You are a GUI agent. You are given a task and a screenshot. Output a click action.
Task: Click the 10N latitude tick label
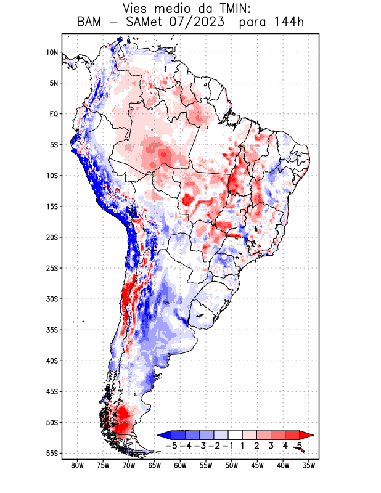tap(52, 52)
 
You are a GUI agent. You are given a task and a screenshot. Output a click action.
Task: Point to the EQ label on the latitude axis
tap(53, 114)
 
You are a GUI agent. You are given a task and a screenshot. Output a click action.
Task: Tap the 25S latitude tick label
tap(52, 268)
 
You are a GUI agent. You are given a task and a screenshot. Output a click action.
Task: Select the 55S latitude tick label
tap(52, 453)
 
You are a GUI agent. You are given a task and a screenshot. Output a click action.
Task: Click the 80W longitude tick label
tap(77, 465)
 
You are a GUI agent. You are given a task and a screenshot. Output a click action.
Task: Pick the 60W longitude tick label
tap(180, 465)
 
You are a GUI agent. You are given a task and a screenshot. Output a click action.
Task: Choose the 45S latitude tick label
tap(52, 391)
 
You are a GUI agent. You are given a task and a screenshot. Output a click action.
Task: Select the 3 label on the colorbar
tap(271, 446)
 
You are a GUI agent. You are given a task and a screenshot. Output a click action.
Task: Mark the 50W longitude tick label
tap(232, 465)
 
